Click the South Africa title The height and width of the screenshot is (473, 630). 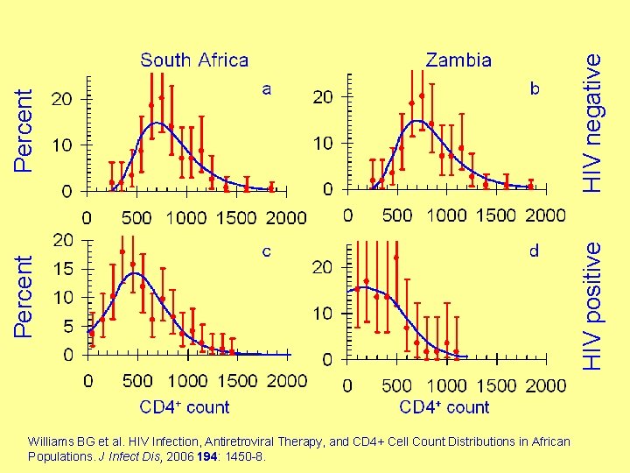click(194, 60)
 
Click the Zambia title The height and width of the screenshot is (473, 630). click(458, 60)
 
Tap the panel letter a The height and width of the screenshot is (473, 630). click(267, 88)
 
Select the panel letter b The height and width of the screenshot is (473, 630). click(535, 88)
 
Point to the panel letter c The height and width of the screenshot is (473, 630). click(267, 251)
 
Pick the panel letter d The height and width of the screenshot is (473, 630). click(535, 251)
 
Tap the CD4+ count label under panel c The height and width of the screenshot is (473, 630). click(185, 407)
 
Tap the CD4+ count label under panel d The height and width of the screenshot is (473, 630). click(444, 407)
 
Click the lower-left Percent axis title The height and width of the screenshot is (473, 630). click(26, 295)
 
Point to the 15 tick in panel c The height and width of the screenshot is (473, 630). click(63, 269)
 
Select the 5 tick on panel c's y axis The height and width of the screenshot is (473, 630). click(68, 327)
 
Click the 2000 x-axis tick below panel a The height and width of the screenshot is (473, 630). click(285, 217)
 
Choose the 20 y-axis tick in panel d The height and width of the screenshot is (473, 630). click(323, 266)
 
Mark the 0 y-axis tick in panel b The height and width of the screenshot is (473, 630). click(328, 189)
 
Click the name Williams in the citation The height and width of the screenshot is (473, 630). click(48, 441)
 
